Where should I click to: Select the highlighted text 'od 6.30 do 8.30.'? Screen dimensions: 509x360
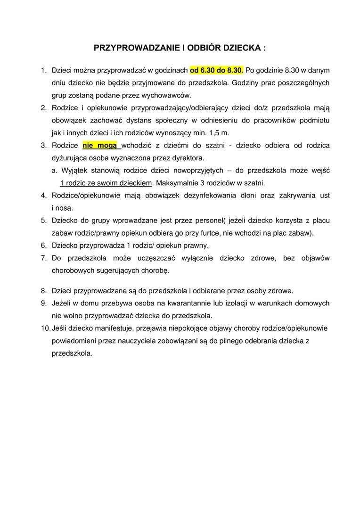pos(217,70)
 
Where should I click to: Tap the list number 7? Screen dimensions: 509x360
pos(43,258)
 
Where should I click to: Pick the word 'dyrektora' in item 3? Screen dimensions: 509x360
pos(187,157)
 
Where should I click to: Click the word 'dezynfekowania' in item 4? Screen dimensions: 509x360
pos(188,195)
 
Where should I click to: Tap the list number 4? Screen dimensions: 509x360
pos(43,195)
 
